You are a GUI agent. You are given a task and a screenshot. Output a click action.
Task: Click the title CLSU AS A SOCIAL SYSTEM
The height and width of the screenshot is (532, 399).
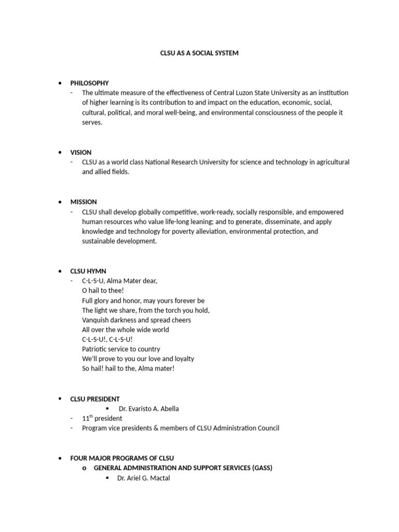tap(199, 53)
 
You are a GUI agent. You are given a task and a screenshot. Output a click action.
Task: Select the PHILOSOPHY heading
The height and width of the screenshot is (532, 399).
tap(89, 83)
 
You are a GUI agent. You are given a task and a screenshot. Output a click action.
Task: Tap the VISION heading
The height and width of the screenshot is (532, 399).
tap(81, 152)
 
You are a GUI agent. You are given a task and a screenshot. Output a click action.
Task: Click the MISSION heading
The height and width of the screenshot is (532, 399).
tap(83, 202)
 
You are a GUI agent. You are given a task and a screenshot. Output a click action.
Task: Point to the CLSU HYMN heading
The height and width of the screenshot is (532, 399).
tap(88, 271)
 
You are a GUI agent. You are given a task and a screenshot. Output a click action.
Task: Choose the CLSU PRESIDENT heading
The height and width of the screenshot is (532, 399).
tap(95, 399)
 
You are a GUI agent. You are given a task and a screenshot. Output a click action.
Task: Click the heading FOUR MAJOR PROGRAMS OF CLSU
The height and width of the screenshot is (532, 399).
tap(122, 458)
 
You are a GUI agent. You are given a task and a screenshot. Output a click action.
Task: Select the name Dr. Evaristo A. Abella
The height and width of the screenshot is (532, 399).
tap(149, 409)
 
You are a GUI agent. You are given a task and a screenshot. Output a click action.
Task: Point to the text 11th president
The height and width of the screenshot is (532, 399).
tap(102, 418)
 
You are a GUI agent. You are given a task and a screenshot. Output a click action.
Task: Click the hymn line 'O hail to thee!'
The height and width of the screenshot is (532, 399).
tap(103, 291)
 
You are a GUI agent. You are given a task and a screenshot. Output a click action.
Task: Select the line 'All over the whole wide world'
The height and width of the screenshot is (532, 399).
tap(125, 330)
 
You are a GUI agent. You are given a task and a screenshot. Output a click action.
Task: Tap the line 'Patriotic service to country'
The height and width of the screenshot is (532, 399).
tap(121, 349)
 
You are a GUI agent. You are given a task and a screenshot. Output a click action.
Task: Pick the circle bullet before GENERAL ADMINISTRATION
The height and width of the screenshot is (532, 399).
tap(83, 468)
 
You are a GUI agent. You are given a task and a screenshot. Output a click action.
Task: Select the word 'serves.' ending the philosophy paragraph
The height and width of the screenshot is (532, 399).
tap(92, 123)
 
